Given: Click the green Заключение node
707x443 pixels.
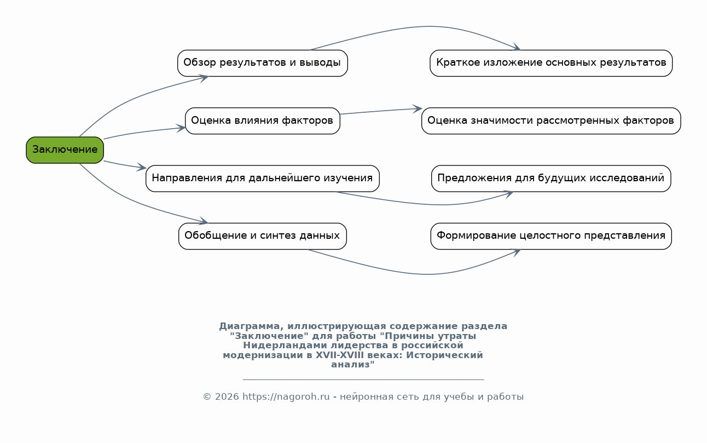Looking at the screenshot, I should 65,149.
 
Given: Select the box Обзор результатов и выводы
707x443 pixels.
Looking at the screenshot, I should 262,63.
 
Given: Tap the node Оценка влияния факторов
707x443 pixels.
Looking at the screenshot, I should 262,120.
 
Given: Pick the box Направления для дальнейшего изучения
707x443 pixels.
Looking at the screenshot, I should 262,179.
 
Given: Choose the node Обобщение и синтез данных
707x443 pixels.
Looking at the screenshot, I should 262,236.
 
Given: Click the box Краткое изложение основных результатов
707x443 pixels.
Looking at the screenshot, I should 550,63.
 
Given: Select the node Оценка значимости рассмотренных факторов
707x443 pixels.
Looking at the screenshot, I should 550,120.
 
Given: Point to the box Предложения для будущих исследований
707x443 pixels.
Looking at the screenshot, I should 550,179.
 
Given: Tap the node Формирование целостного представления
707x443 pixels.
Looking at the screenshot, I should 550,236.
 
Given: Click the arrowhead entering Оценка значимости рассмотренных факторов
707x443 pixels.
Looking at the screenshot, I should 418,109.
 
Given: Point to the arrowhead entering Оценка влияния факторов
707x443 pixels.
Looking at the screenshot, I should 181,128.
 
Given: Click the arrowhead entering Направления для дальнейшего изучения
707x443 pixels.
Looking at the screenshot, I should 142,168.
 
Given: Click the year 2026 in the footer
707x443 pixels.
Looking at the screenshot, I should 227,397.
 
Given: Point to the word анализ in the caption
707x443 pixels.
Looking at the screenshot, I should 351,365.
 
